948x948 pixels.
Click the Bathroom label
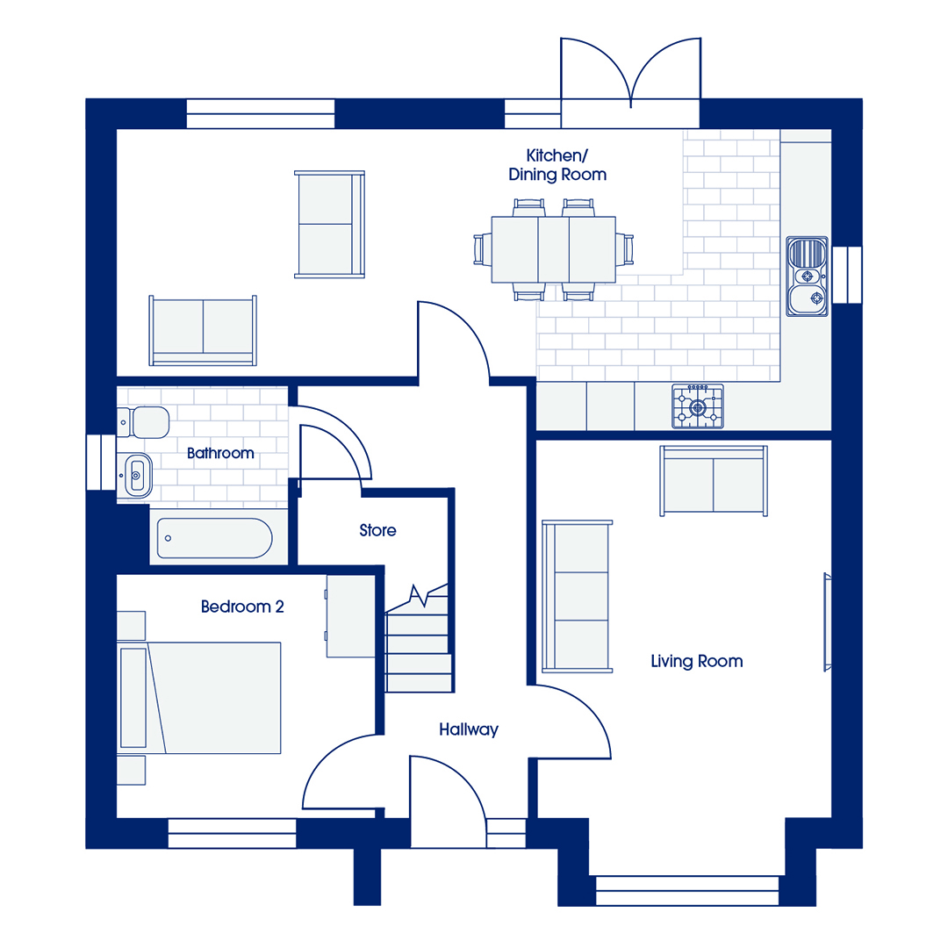point(220,454)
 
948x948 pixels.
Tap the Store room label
point(377,530)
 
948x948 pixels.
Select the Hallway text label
point(469,729)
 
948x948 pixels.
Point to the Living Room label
point(696,661)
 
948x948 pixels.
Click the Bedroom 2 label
point(242,607)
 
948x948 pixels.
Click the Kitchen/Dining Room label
point(557,165)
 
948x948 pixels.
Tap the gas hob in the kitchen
point(698,407)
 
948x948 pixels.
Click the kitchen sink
point(808,276)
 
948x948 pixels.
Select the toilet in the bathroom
point(143,422)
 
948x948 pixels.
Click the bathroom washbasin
point(135,475)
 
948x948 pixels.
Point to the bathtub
point(215,537)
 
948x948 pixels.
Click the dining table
point(553,249)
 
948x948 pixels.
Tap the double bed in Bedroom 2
point(199,698)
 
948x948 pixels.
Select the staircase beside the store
point(418,641)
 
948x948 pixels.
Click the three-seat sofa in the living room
point(577,596)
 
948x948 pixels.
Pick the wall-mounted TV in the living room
point(827,622)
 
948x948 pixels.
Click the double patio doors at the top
point(630,83)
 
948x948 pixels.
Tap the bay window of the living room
point(687,891)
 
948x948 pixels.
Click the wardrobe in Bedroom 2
point(350,616)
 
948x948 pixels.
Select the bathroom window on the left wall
point(101,462)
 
